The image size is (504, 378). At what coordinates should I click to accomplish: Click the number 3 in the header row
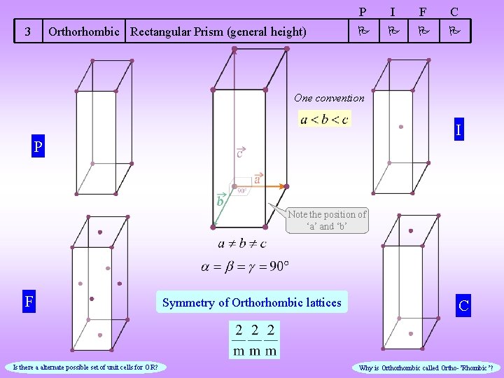point(27,31)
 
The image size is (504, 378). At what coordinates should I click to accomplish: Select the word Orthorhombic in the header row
point(84,31)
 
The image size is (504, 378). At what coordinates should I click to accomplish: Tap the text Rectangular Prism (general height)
point(218,31)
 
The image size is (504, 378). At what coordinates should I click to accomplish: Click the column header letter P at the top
point(363,11)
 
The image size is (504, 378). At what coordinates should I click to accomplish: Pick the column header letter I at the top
point(393,11)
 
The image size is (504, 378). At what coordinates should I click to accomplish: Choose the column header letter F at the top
point(422,11)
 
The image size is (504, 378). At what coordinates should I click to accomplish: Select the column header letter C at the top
point(454,11)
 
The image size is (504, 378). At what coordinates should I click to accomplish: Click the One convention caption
point(329,98)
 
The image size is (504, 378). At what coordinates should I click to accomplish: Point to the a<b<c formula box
point(324,119)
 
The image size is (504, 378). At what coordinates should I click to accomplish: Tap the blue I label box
point(458,130)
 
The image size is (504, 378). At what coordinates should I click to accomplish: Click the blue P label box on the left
point(36,148)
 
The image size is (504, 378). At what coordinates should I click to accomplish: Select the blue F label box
point(29,302)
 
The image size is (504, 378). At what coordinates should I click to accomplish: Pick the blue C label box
point(463,305)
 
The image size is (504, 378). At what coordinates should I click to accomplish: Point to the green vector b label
point(220,201)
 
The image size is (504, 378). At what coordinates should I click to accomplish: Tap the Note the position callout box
point(327,220)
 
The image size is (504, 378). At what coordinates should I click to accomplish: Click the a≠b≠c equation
point(242,244)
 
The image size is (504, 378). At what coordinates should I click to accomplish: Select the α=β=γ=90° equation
point(245,266)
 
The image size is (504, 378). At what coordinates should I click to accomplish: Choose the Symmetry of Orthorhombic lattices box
point(252,302)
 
